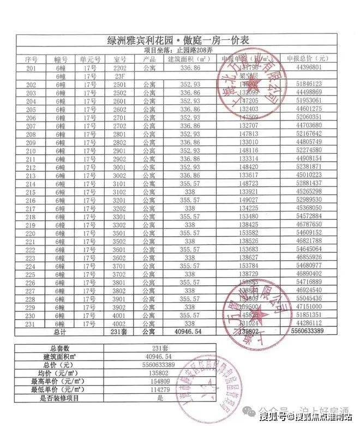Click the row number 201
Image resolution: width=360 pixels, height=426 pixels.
31,67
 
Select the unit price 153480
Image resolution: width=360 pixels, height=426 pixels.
248,217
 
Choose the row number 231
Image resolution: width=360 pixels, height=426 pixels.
31,323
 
